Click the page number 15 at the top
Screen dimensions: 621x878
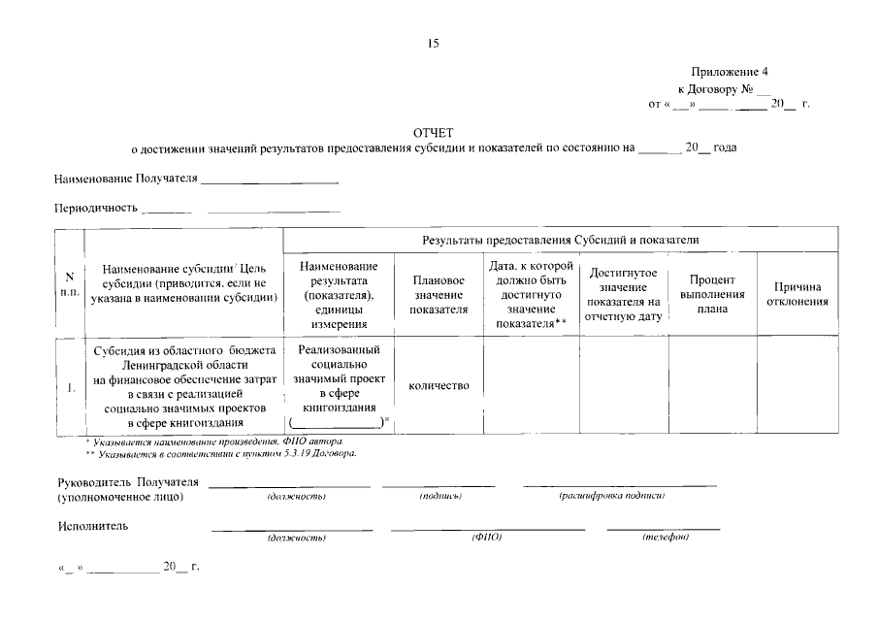coord(434,43)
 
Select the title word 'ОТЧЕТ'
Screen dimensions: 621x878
coord(433,132)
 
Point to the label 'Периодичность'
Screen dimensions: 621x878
coord(95,209)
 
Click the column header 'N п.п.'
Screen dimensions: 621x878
coord(69,284)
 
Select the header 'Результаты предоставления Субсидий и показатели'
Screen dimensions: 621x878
coord(561,239)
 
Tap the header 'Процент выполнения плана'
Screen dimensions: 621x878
coord(712,294)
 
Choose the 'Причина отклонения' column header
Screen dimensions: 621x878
coord(797,294)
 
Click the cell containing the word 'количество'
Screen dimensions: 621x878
coord(439,385)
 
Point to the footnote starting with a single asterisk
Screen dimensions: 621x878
coord(213,441)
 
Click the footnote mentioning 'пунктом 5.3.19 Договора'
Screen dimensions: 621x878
coord(221,453)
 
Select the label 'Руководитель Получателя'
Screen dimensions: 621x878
coord(128,482)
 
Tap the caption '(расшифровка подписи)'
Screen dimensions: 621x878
coord(611,496)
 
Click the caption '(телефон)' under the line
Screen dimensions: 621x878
coord(666,538)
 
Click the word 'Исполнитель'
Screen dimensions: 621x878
coord(93,526)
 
